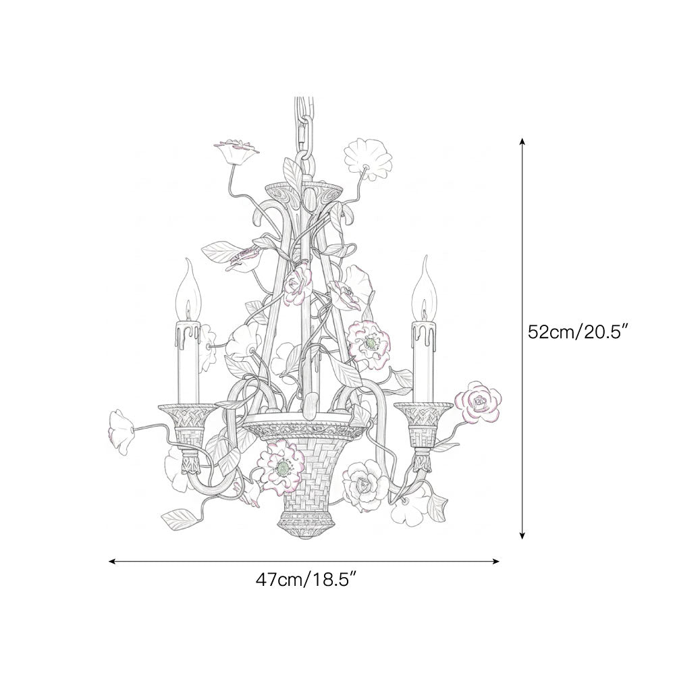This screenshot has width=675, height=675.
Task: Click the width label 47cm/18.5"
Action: (x=307, y=580)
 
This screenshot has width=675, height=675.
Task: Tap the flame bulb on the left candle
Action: (x=188, y=290)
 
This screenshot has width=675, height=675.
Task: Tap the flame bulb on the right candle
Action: (x=424, y=288)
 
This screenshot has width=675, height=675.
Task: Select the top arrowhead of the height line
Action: (x=522, y=141)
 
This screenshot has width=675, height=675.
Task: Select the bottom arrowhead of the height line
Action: (x=522, y=535)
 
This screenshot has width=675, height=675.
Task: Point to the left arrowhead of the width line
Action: (x=113, y=561)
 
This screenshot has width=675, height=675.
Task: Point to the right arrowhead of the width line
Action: (x=495, y=561)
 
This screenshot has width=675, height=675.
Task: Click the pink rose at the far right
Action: (x=478, y=401)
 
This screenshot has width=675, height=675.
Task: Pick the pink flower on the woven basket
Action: (x=281, y=467)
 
